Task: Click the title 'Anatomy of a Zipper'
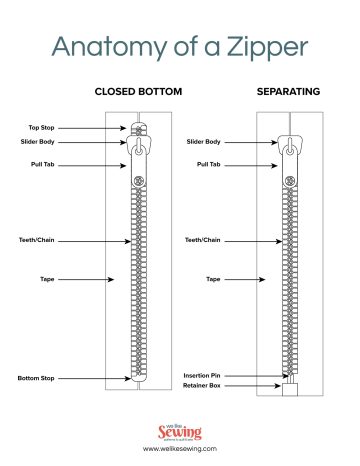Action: pyautogui.click(x=180, y=47)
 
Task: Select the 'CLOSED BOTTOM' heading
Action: pyautogui.click(x=138, y=92)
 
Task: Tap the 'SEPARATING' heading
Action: pyautogui.click(x=288, y=92)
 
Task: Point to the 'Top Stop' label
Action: pyautogui.click(x=43, y=128)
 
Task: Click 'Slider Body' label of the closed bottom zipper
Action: pyautogui.click(x=39, y=142)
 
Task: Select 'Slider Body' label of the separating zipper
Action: pyautogui.click(x=203, y=142)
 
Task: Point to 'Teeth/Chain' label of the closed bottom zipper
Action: pyautogui.click(x=37, y=241)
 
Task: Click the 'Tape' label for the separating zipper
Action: pyautogui.click(x=213, y=279)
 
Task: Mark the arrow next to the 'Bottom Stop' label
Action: pyautogui.click(x=95, y=378)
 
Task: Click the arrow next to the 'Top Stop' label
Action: pyautogui.click(x=95, y=128)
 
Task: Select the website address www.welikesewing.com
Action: pyautogui.click(x=180, y=449)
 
